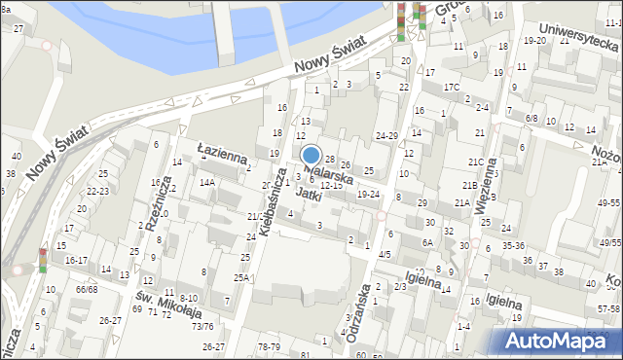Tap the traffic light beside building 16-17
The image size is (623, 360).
(x=43, y=261)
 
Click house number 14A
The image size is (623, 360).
(x=206, y=182)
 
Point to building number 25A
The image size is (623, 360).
(x=240, y=277)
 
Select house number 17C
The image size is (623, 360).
(x=452, y=88)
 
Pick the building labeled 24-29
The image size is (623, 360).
(x=387, y=135)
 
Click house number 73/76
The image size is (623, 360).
(x=202, y=326)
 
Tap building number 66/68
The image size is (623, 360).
(x=86, y=289)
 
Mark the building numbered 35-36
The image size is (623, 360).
(x=513, y=245)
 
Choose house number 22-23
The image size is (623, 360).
(x=96, y=192)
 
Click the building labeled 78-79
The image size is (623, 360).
(x=269, y=346)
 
